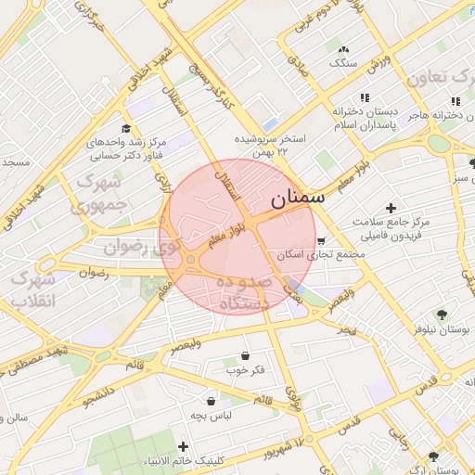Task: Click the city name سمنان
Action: click(x=298, y=199)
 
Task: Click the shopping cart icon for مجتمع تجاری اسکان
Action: click(x=321, y=240)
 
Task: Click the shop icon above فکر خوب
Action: click(x=245, y=355)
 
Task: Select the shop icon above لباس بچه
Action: click(x=212, y=401)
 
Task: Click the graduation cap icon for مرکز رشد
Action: click(x=126, y=129)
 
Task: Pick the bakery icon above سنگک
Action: click(x=344, y=49)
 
